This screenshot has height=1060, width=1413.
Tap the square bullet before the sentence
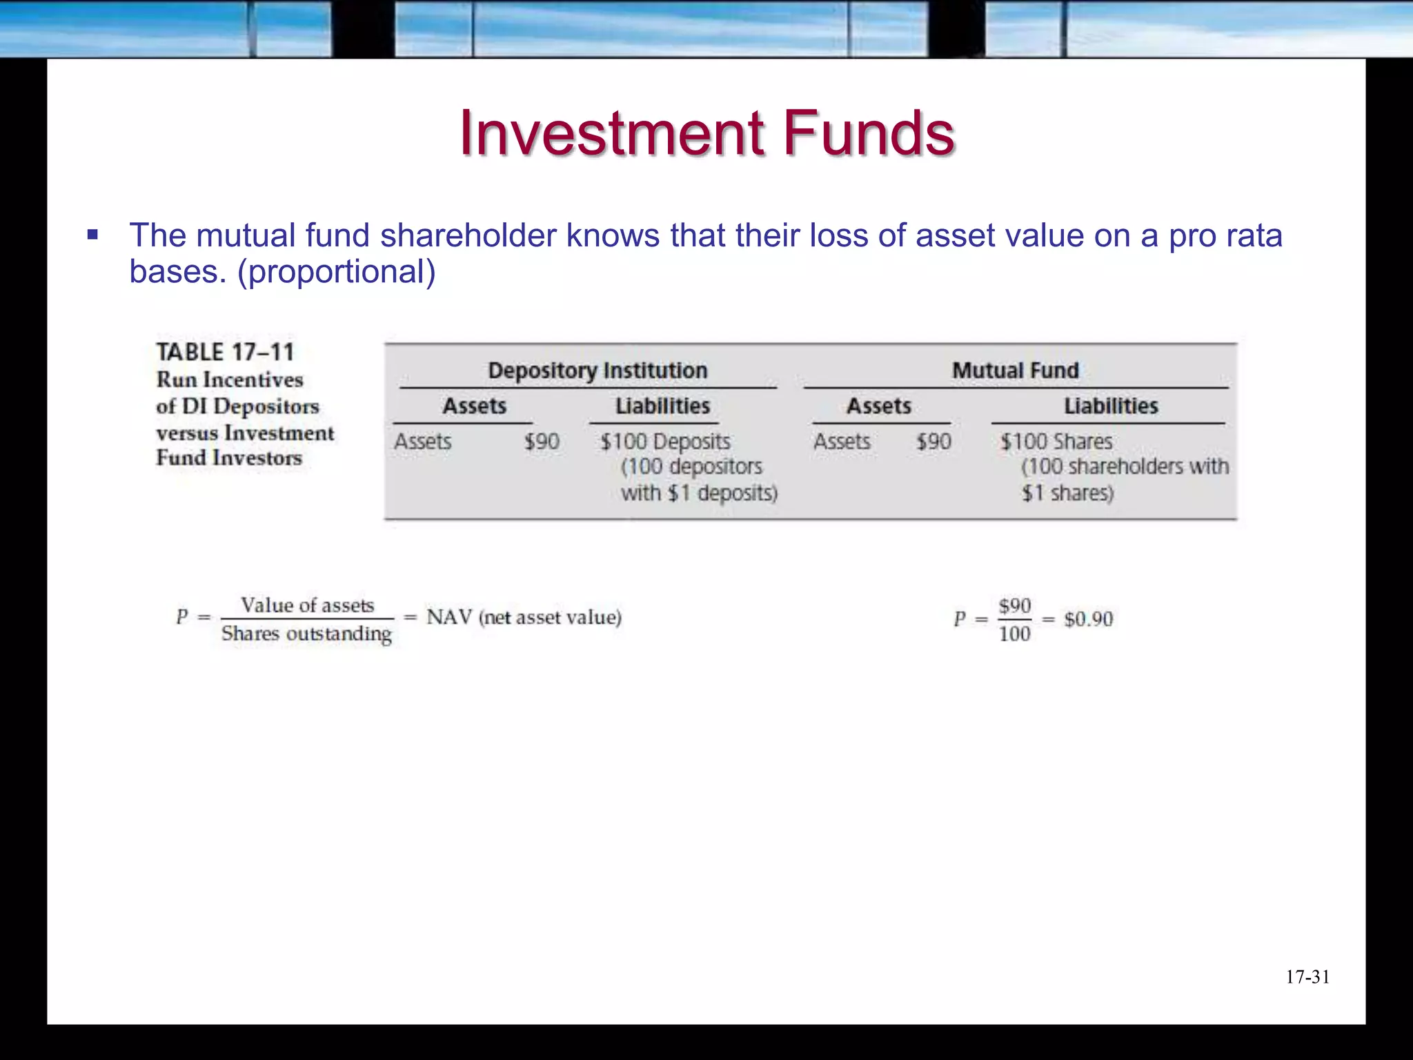pyautogui.click(x=93, y=235)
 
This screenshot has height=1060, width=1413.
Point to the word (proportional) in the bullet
pyautogui.click(x=337, y=272)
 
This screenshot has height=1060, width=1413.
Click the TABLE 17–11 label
pyautogui.click(x=226, y=352)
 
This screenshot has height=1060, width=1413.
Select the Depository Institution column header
pyautogui.click(x=597, y=371)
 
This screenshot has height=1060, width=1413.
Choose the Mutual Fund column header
pyautogui.click(x=1016, y=371)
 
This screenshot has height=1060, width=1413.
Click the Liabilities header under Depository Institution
pyautogui.click(x=662, y=406)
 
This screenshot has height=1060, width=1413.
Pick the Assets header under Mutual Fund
pyautogui.click(x=879, y=406)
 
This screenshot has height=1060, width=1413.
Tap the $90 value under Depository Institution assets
pyautogui.click(x=542, y=442)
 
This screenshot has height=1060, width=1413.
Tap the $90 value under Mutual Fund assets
pyautogui.click(x=933, y=442)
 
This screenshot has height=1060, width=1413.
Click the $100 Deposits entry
pyautogui.click(x=665, y=442)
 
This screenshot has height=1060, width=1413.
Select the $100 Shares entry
pyautogui.click(x=1056, y=442)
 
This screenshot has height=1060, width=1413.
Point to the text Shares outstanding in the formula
pyautogui.click(x=306, y=634)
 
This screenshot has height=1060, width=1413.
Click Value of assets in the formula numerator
pyautogui.click(x=307, y=605)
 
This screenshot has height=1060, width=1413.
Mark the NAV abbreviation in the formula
pyautogui.click(x=449, y=617)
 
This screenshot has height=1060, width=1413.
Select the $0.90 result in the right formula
pyautogui.click(x=1088, y=619)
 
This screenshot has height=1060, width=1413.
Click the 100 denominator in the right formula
pyautogui.click(x=1014, y=634)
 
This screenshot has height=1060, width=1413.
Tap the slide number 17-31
pyautogui.click(x=1307, y=977)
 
